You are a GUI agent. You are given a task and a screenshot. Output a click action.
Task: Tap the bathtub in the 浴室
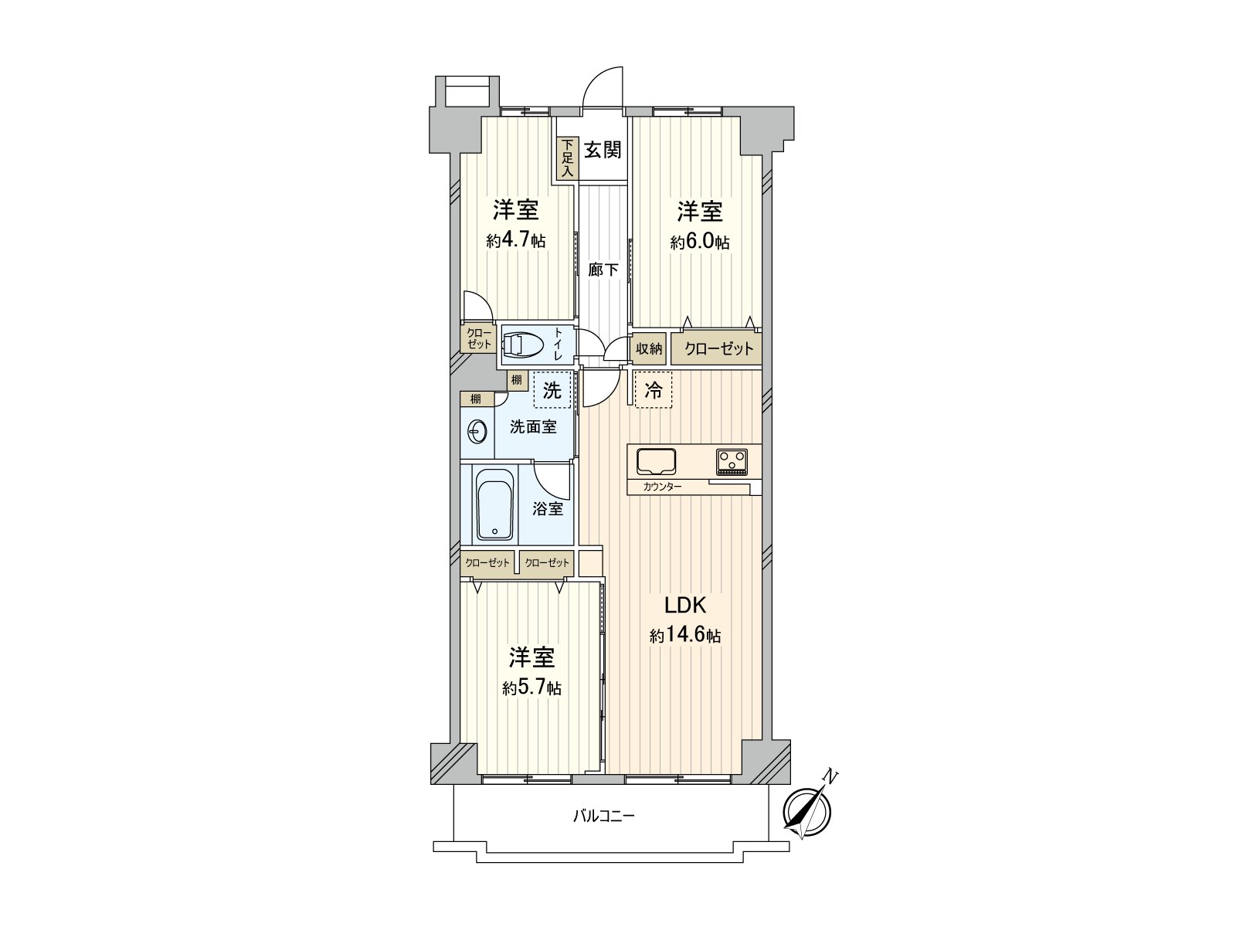click(x=494, y=506)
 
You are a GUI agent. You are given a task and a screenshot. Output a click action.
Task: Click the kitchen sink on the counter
click(x=656, y=462)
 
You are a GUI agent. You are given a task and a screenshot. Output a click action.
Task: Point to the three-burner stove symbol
click(x=732, y=462)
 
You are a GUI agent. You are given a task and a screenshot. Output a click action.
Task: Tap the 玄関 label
click(x=602, y=149)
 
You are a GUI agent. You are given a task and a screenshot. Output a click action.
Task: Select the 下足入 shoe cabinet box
click(x=567, y=159)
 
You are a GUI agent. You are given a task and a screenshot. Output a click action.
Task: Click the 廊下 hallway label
click(x=603, y=270)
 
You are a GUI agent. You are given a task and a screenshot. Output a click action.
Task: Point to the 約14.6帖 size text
click(x=685, y=637)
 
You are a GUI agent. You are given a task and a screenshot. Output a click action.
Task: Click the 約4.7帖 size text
click(x=516, y=241)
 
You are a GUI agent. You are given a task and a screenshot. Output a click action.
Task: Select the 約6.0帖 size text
click(x=700, y=242)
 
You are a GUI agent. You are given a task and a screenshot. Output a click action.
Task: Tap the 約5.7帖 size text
click(x=531, y=688)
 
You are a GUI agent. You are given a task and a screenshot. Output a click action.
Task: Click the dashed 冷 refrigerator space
click(x=654, y=391)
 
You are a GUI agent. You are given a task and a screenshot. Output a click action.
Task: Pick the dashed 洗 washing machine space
click(x=552, y=391)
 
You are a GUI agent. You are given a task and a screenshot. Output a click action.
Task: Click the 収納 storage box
click(x=649, y=348)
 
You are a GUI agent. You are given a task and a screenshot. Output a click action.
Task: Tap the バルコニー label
click(x=603, y=816)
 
